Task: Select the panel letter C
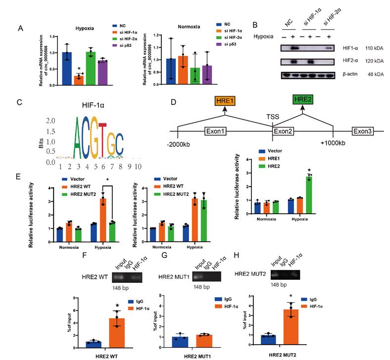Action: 19,103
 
